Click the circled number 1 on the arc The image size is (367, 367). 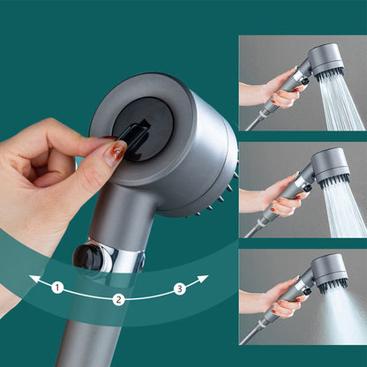tap(57, 287)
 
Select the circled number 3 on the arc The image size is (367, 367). tap(179, 288)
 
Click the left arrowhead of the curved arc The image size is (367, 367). tap(34, 280)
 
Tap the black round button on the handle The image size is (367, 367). tap(86, 257)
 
